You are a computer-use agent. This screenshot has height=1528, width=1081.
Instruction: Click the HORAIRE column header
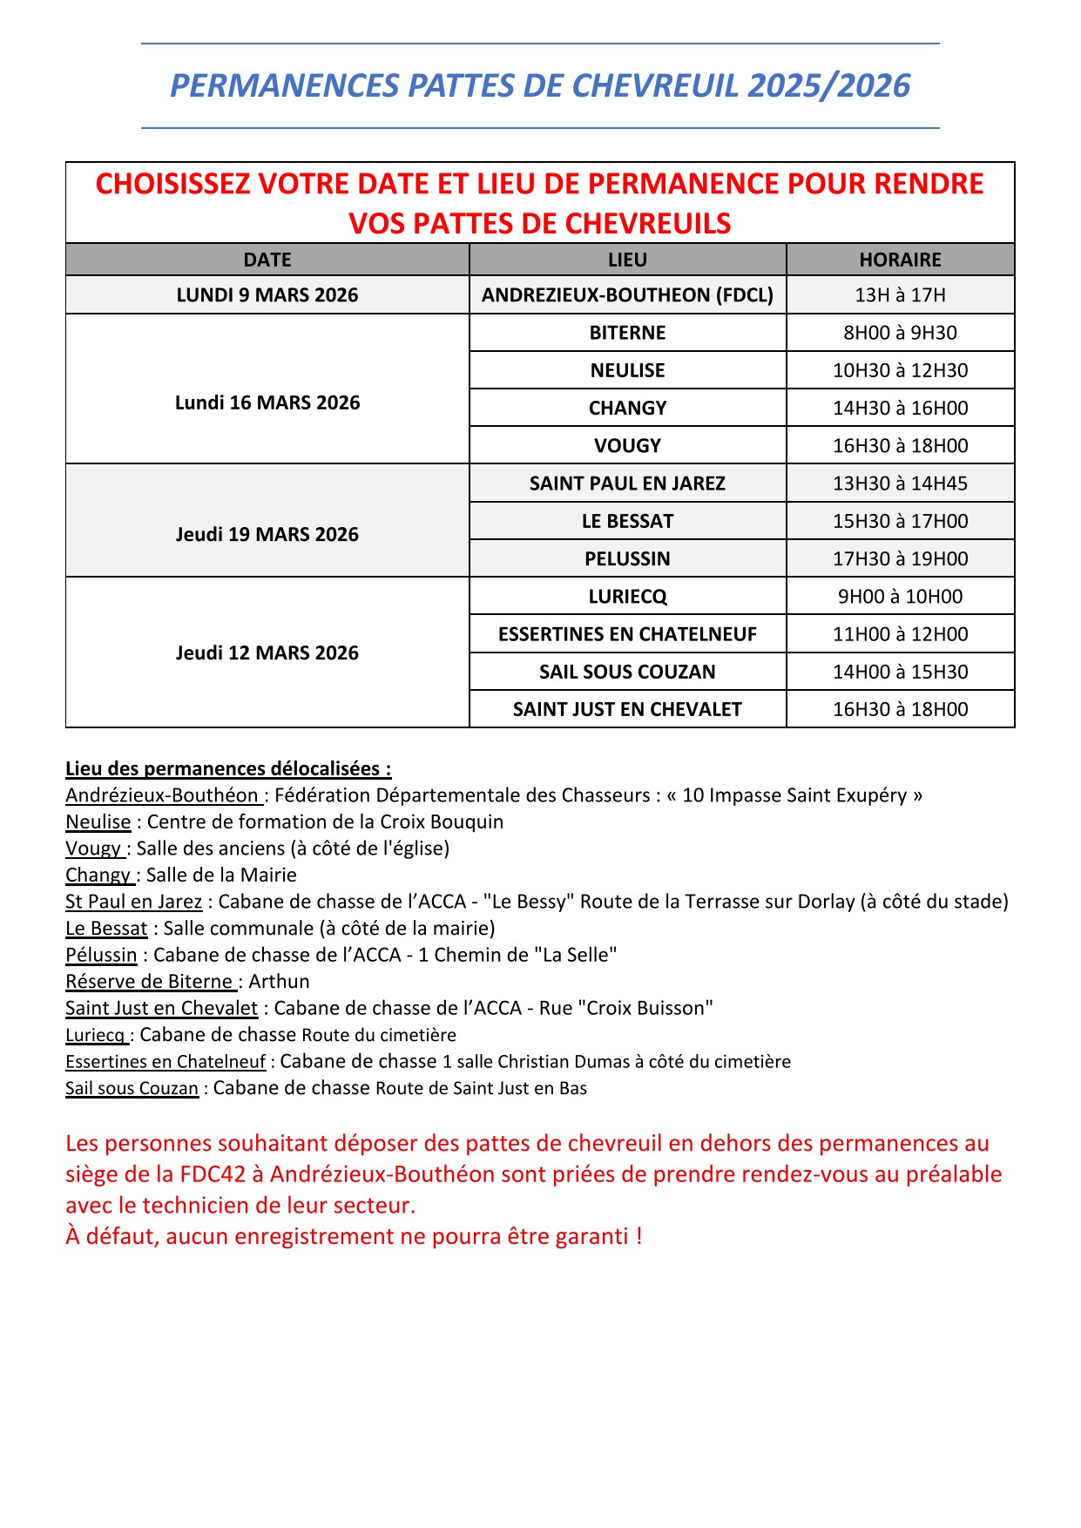point(900,260)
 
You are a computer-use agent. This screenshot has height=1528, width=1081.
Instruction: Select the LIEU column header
point(627,260)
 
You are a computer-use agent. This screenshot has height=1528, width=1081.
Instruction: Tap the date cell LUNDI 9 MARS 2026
point(267,295)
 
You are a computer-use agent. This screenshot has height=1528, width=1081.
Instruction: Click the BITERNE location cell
point(627,333)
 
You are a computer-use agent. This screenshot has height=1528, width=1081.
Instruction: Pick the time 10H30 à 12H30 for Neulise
point(900,370)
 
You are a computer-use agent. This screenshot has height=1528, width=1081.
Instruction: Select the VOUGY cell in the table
point(627,445)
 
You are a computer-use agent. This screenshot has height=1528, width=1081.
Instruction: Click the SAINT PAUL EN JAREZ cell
point(627,483)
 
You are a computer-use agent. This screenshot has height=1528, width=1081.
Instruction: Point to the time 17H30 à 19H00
point(900,558)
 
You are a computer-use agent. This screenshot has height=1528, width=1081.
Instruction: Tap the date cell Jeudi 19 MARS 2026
point(267,534)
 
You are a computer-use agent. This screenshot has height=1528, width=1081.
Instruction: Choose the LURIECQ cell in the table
point(627,597)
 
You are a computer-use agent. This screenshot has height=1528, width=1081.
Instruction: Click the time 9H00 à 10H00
point(900,597)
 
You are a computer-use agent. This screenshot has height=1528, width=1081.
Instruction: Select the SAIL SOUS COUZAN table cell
point(627,672)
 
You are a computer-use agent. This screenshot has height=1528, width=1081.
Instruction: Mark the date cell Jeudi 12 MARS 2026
point(267,652)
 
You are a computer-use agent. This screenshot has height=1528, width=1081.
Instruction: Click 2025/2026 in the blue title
point(828,85)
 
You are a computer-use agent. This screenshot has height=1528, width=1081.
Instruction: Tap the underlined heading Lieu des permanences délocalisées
point(228,768)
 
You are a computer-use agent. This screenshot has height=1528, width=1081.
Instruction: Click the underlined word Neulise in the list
point(98,821)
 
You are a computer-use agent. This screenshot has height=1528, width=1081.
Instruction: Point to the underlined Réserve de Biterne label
point(150,982)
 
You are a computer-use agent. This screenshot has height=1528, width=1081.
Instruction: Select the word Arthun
point(279,982)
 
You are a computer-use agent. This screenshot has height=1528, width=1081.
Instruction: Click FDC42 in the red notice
point(213,1174)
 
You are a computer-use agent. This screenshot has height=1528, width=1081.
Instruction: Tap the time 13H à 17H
point(900,295)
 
